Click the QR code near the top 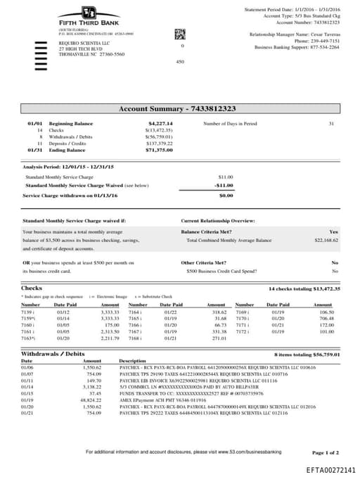(x=179, y=33)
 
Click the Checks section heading (x=32, y=288)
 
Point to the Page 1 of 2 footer (x=325, y=452)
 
